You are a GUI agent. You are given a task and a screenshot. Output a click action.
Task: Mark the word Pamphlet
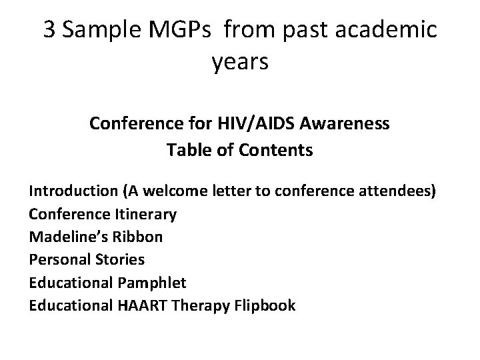click(151, 283)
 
